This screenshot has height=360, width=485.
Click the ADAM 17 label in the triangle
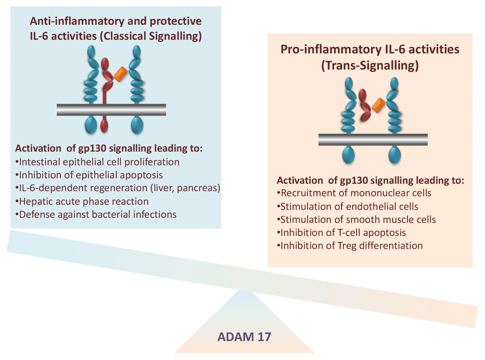[244, 337]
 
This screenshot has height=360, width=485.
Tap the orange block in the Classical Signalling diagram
[121, 74]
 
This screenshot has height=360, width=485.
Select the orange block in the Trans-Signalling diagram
[378, 105]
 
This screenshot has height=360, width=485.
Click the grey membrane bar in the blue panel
[112, 110]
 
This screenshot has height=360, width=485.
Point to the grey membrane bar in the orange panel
[373, 140]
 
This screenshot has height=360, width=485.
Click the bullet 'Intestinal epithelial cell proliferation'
[97, 162]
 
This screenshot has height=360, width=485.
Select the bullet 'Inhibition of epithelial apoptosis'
[89, 175]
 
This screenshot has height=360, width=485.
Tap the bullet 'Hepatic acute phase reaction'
[81, 201]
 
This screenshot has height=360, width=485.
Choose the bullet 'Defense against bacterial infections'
[96, 214]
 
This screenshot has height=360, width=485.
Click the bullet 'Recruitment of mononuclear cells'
[354, 193]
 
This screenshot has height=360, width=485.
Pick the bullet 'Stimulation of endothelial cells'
[347, 207]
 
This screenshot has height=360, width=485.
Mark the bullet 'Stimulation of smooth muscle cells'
[356, 219]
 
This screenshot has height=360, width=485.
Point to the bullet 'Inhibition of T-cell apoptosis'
[341, 232]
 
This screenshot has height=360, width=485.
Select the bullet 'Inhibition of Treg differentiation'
[350, 245]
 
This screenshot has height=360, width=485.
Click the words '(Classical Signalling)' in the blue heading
[151, 36]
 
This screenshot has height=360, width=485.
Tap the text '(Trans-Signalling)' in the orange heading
[370, 65]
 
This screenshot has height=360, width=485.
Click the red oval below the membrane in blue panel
[104, 125]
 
